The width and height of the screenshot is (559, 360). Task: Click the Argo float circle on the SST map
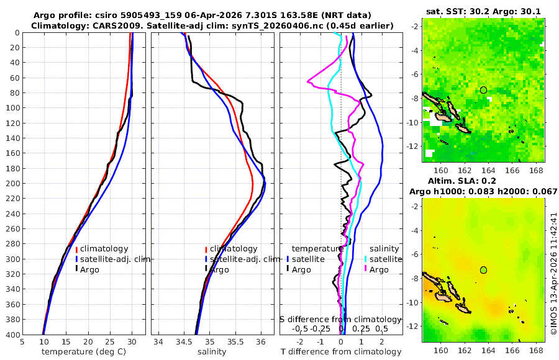pyautogui.click(x=483, y=90)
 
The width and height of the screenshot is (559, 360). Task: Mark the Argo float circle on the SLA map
pyautogui.click(x=483, y=270)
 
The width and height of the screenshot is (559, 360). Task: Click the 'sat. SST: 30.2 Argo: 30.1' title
pyautogui.click(x=483, y=11)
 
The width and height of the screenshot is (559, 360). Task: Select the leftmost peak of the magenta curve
pyautogui.click(x=308, y=81)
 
